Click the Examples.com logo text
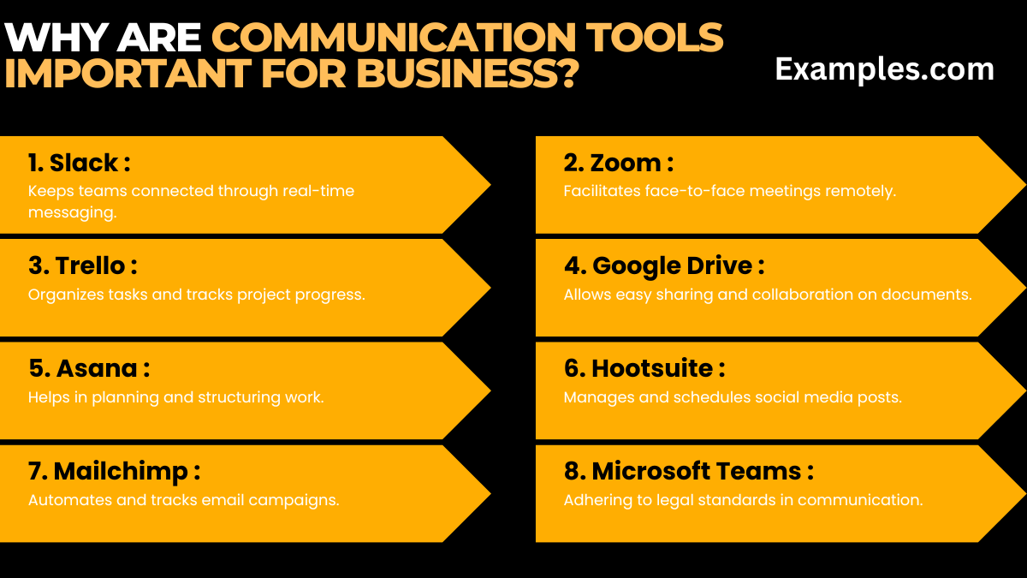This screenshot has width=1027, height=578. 884,69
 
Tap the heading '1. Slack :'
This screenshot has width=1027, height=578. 79,163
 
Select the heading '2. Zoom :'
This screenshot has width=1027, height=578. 619,163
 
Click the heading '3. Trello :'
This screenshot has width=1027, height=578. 82,265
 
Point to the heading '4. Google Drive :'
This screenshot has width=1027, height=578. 664,265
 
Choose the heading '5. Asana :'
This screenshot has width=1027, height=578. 89,368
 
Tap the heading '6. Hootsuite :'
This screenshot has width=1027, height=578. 644,368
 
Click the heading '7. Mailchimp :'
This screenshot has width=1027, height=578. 114,471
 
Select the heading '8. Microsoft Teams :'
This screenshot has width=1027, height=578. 688,471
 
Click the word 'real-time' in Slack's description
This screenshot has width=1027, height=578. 322,191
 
